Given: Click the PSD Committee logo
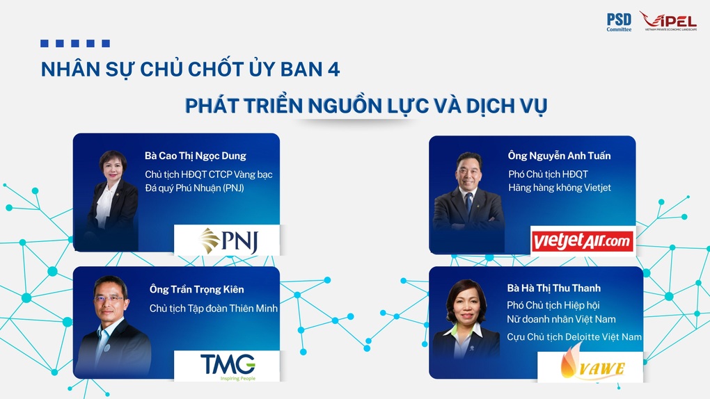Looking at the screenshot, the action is (x=619, y=22).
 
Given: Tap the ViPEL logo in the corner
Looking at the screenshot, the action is (x=668, y=21).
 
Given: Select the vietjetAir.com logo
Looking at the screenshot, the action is (x=583, y=241).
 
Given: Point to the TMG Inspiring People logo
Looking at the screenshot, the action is (x=228, y=366).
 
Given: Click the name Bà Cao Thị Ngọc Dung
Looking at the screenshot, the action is (x=195, y=156).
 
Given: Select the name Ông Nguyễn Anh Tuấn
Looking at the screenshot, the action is (x=559, y=156).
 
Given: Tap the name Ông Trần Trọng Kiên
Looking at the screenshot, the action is (x=196, y=290).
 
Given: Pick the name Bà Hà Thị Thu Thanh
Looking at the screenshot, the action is (x=554, y=288).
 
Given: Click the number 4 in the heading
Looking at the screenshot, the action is (x=333, y=70).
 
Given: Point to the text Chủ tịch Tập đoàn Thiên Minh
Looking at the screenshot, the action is (x=213, y=309).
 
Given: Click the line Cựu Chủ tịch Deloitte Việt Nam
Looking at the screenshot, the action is (x=574, y=337).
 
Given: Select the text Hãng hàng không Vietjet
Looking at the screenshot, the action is (x=560, y=188).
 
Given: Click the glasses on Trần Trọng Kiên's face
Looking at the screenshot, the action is (x=109, y=299).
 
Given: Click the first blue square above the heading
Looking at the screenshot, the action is (x=45, y=43).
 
